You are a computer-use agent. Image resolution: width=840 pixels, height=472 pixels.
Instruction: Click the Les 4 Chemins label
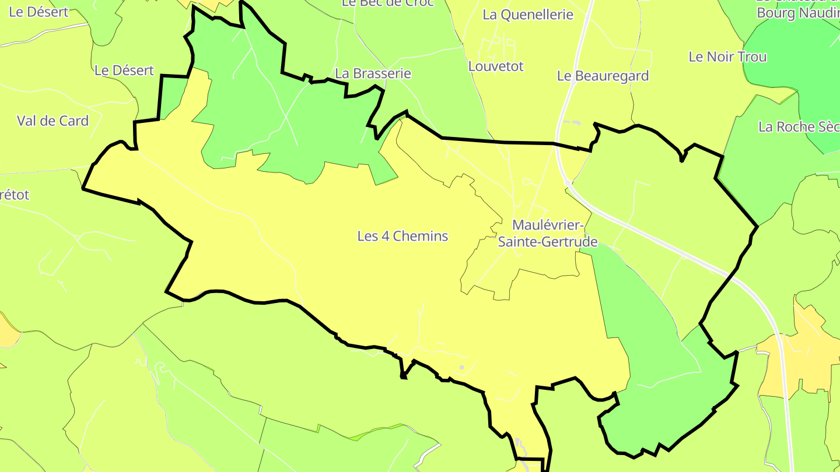(x=402, y=236)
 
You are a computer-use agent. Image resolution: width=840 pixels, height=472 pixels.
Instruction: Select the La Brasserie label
(x=373, y=73)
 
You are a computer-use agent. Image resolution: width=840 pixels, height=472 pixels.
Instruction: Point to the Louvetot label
(x=496, y=66)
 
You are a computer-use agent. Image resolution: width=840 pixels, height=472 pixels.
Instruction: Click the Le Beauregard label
(x=603, y=76)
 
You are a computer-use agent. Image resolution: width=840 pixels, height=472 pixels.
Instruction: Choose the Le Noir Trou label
(x=727, y=57)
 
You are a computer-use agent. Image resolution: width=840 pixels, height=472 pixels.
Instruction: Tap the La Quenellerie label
(x=528, y=15)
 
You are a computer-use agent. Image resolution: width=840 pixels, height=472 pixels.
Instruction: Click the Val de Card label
(x=52, y=121)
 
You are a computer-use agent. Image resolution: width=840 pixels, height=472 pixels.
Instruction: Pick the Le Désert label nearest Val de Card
(x=124, y=71)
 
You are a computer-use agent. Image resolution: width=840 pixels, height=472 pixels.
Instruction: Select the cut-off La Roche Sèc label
(x=798, y=127)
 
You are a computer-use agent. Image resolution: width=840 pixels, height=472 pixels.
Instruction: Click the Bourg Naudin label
(x=797, y=13)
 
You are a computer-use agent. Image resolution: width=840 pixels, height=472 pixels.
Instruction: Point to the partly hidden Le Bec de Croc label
(x=387, y=3)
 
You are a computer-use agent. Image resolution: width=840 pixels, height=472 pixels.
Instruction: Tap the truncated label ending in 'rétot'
(x=15, y=195)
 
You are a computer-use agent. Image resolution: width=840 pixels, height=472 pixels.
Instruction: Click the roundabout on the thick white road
(x=567, y=183)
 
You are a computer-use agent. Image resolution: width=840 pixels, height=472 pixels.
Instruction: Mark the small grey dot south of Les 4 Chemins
(x=461, y=367)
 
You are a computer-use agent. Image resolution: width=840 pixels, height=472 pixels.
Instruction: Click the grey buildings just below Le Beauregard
(x=572, y=123)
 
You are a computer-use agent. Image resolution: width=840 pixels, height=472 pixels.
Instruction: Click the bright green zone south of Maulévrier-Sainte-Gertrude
(x=653, y=350)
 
